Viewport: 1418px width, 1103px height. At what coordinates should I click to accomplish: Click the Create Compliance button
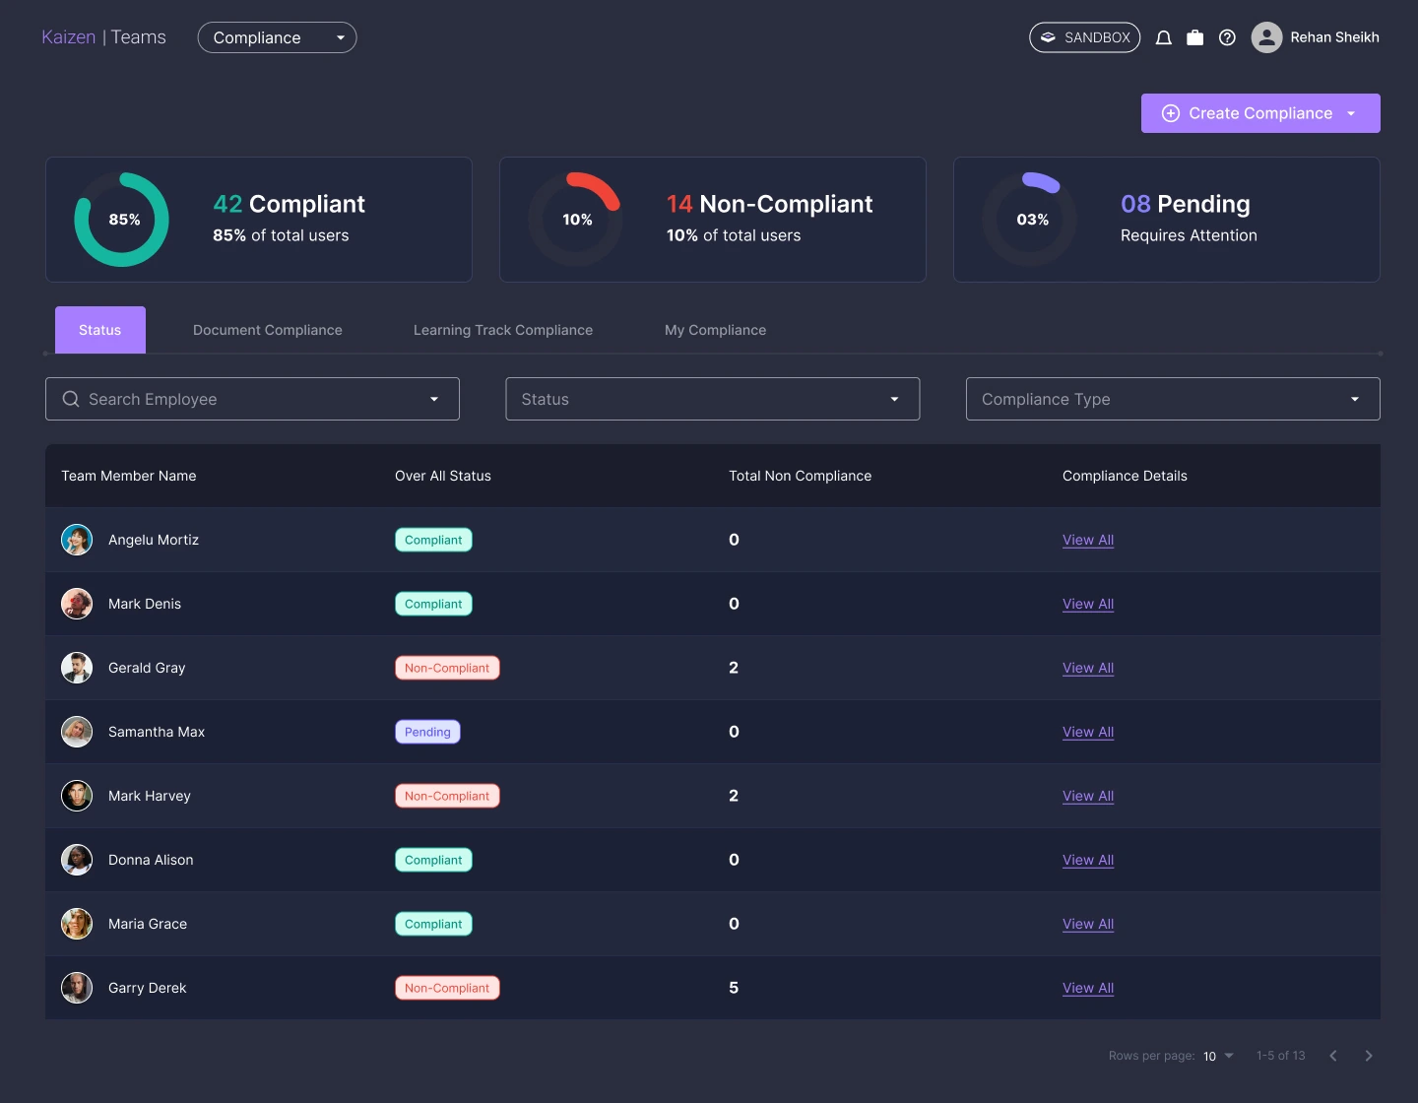1259,113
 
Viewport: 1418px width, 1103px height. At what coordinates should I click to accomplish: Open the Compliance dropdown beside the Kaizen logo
277,37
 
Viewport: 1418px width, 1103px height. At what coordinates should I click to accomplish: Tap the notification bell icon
1163,37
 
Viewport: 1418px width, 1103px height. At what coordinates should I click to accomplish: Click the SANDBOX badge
1084,37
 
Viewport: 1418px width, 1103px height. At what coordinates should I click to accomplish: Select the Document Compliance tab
268,330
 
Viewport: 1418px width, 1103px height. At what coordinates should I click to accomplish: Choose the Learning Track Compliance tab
503,330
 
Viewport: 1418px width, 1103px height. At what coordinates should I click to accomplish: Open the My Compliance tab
715,330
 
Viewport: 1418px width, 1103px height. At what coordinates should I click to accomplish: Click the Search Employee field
252,399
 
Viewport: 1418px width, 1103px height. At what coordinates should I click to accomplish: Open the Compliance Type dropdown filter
1173,399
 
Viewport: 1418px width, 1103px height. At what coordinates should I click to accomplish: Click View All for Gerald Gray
1088,668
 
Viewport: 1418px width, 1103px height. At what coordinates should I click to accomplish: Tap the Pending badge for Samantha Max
427,732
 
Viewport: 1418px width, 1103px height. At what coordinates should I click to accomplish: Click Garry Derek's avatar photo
77,988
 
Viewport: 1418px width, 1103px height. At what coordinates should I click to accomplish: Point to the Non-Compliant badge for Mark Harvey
447,796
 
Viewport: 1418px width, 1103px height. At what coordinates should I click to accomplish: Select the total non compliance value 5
734,988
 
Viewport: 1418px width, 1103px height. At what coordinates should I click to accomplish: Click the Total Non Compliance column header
800,476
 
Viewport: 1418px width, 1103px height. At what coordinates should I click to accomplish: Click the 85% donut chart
122,220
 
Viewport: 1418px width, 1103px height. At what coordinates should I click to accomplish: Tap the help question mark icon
1227,37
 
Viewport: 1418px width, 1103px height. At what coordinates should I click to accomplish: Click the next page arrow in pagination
1369,1056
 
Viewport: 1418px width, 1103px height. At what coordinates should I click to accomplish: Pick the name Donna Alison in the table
151,860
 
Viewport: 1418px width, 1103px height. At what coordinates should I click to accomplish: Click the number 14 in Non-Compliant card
679,204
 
